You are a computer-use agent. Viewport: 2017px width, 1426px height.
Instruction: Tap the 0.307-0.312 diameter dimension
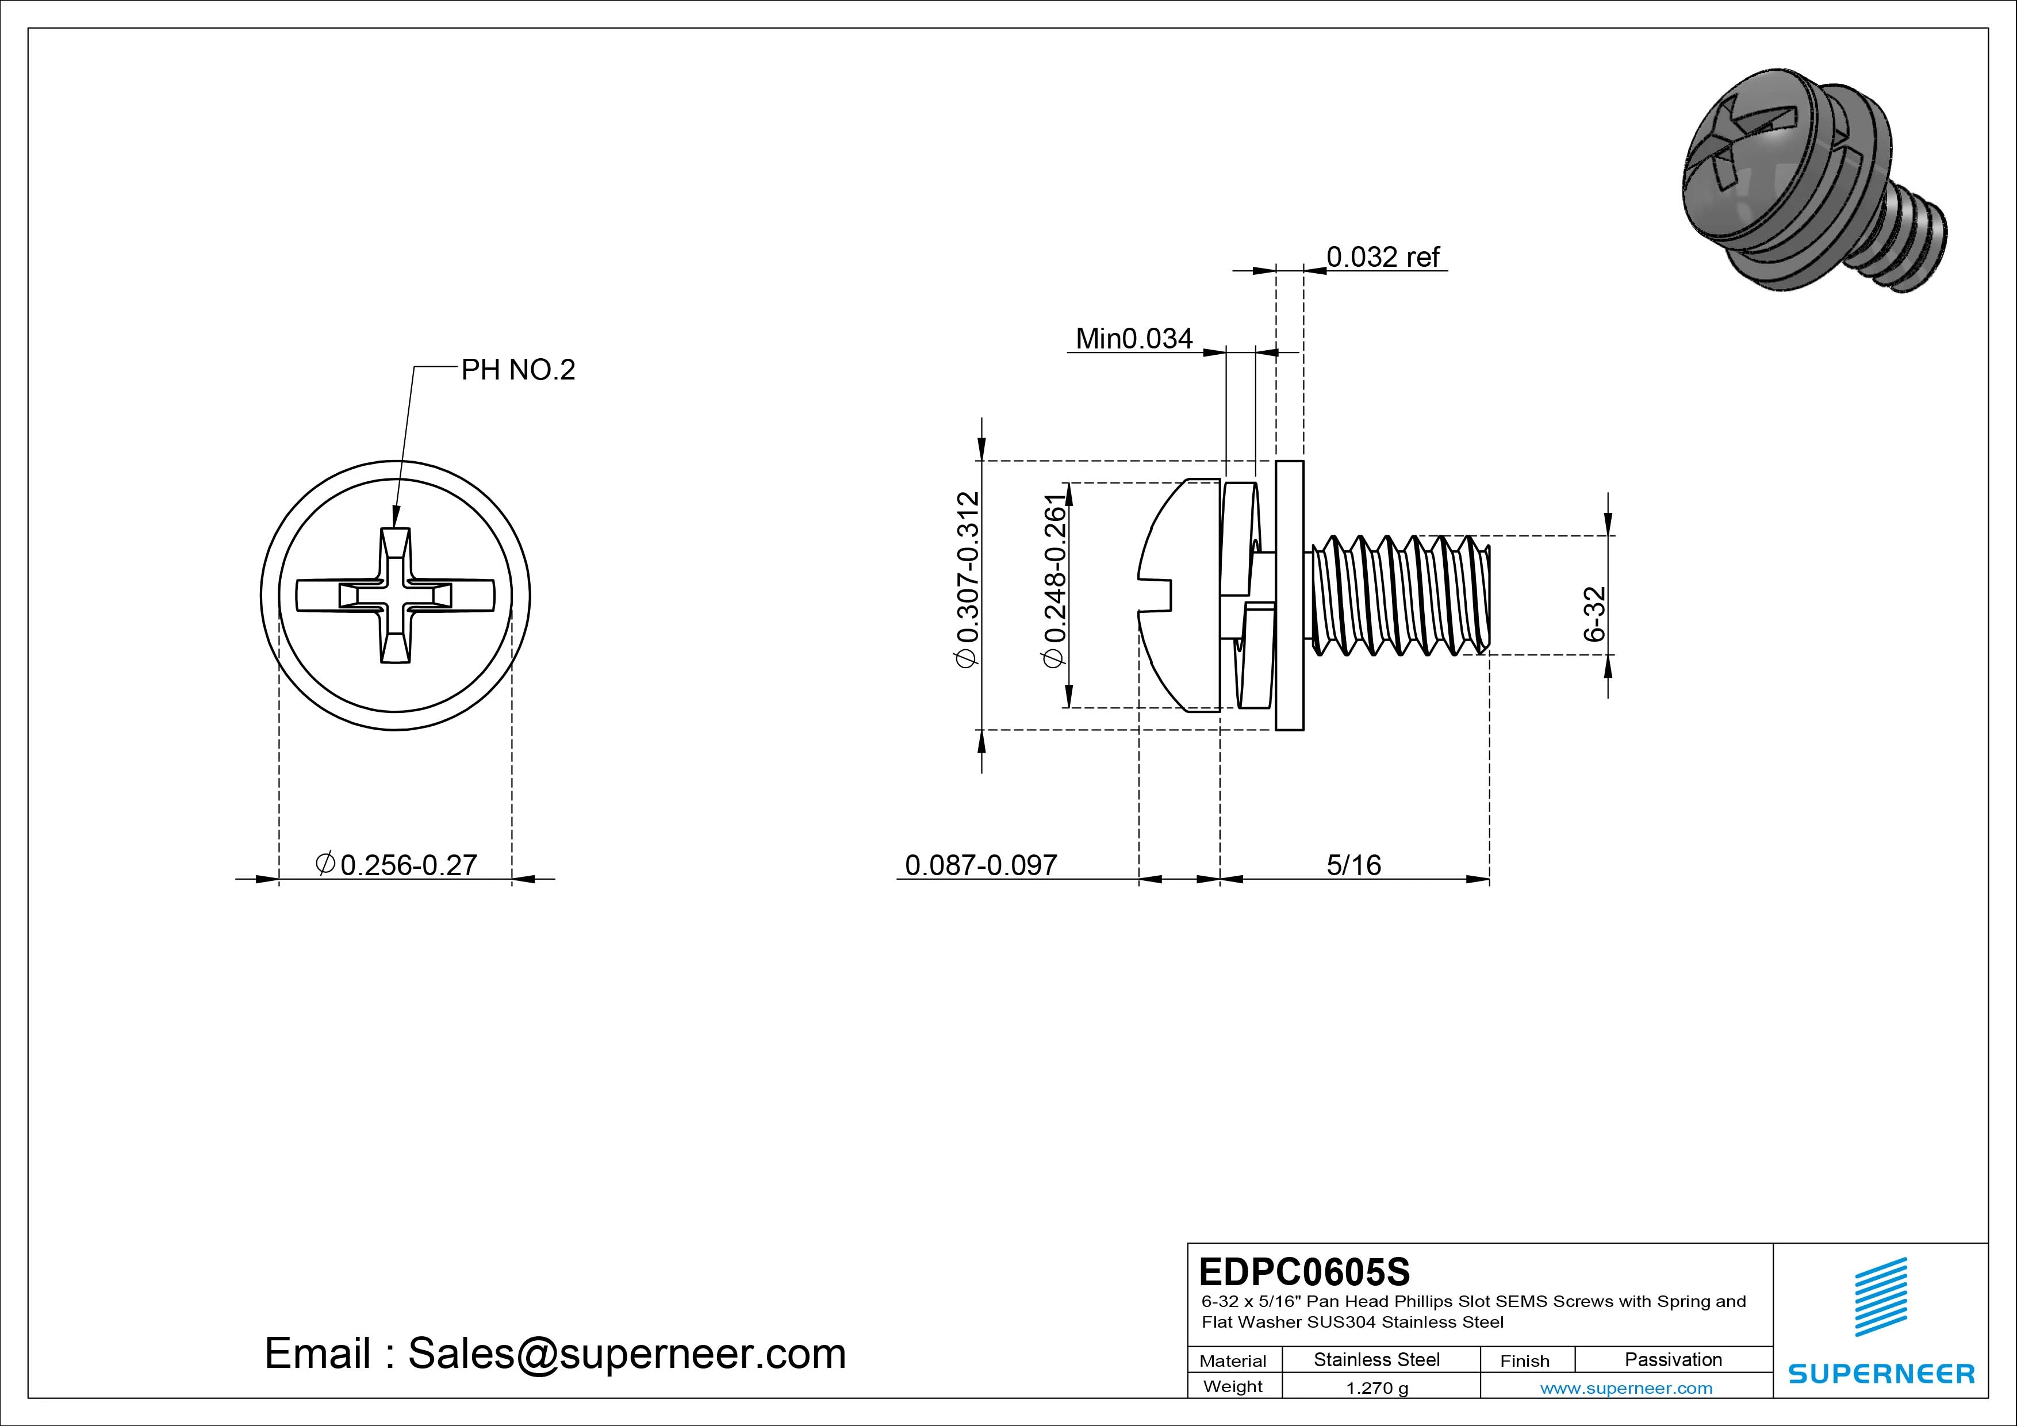coord(967,581)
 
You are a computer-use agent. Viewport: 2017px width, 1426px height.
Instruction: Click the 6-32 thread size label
coord(1594,614)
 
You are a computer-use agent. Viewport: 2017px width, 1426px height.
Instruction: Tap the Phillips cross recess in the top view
coord(396,595)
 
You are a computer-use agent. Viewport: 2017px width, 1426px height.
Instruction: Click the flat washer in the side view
coord(1289,595)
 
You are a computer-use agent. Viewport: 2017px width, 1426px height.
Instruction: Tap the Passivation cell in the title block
coord(1673,1360)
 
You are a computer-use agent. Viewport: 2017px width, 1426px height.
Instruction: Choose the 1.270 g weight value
coord(1376,1388)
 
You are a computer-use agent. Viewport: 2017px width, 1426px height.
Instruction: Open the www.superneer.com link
coord(1626,1388)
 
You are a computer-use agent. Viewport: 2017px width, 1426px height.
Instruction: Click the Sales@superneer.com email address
coord(626,1354)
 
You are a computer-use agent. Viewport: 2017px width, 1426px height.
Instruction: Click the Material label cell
coord(1233,1361)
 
